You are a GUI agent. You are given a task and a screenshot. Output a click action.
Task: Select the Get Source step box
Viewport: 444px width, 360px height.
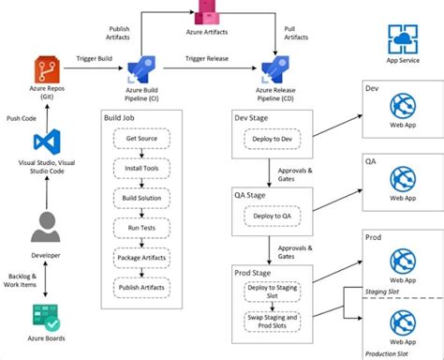[x=141, y=139]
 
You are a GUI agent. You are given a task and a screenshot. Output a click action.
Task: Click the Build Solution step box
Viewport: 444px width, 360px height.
[x=141, y=198]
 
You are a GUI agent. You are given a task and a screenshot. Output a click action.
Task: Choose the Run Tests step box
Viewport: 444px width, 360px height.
[x=141, y=227]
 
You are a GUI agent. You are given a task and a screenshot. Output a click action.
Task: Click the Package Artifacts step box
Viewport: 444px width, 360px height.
[x=141, y=256]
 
